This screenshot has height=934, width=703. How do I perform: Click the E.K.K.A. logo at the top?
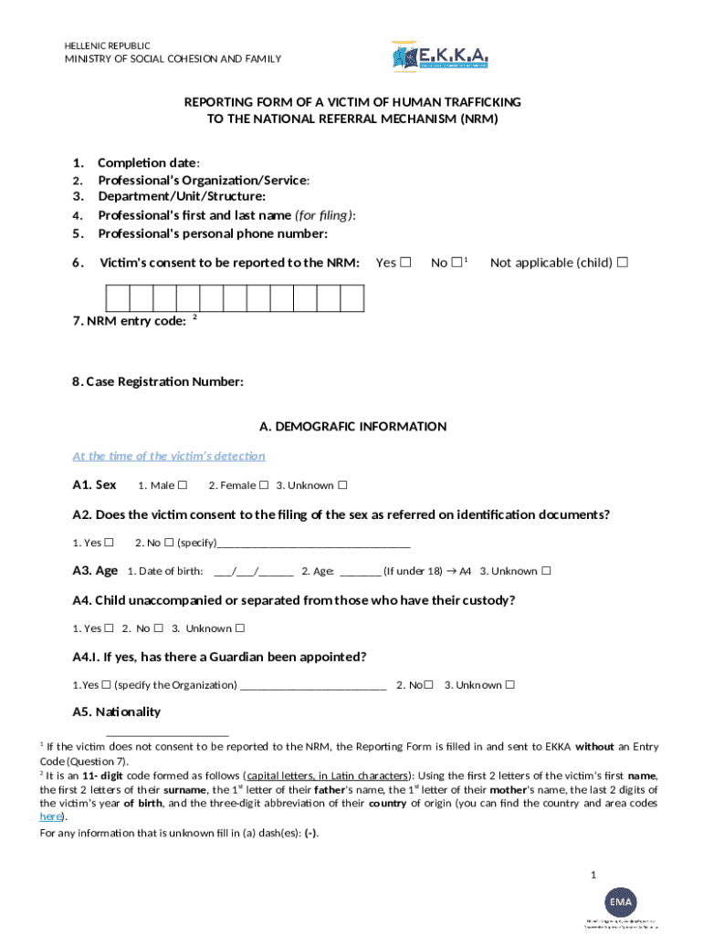point(440,58)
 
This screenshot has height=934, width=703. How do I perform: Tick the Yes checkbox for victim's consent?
point(407,263)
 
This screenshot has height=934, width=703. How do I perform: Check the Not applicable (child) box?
point(623,263)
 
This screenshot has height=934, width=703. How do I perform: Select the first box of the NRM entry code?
point(118,298)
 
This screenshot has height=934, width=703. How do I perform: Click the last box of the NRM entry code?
point(352,298)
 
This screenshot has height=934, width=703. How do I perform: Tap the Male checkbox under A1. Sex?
point(183,485)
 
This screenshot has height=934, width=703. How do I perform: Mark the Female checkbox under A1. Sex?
point(263,485)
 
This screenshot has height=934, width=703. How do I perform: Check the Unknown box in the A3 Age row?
point(546,572)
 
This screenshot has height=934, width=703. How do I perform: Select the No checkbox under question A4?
point(158,628)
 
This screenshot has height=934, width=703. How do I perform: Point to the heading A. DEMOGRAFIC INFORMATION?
point(352,427)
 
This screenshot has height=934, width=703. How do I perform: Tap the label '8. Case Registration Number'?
point(158,382)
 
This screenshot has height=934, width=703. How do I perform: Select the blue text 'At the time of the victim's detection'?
point(169,456)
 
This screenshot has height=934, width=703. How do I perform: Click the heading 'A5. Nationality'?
point(116,712)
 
